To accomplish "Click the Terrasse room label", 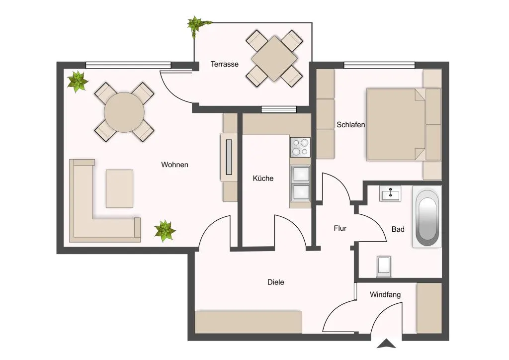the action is point(224,64).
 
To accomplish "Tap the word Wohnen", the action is point(174,165).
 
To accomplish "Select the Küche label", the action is point(263,178).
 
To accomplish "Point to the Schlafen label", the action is point(350,125).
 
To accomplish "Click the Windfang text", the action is point(385,295).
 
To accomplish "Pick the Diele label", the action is point(275,282).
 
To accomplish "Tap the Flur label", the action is point(340,228).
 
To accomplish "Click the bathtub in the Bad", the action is point(427,217).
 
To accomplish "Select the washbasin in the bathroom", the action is point(390,194).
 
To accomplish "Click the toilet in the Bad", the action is point(384,266).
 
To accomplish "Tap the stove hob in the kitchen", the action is point(300,147).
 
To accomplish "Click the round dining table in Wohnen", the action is point(124,112).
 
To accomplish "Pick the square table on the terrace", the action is point(274,59).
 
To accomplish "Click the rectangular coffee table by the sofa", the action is point(119,188).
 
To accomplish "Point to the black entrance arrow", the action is point(386,344).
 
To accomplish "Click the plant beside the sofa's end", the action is point(165,231).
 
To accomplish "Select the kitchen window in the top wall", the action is point(279,110).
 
